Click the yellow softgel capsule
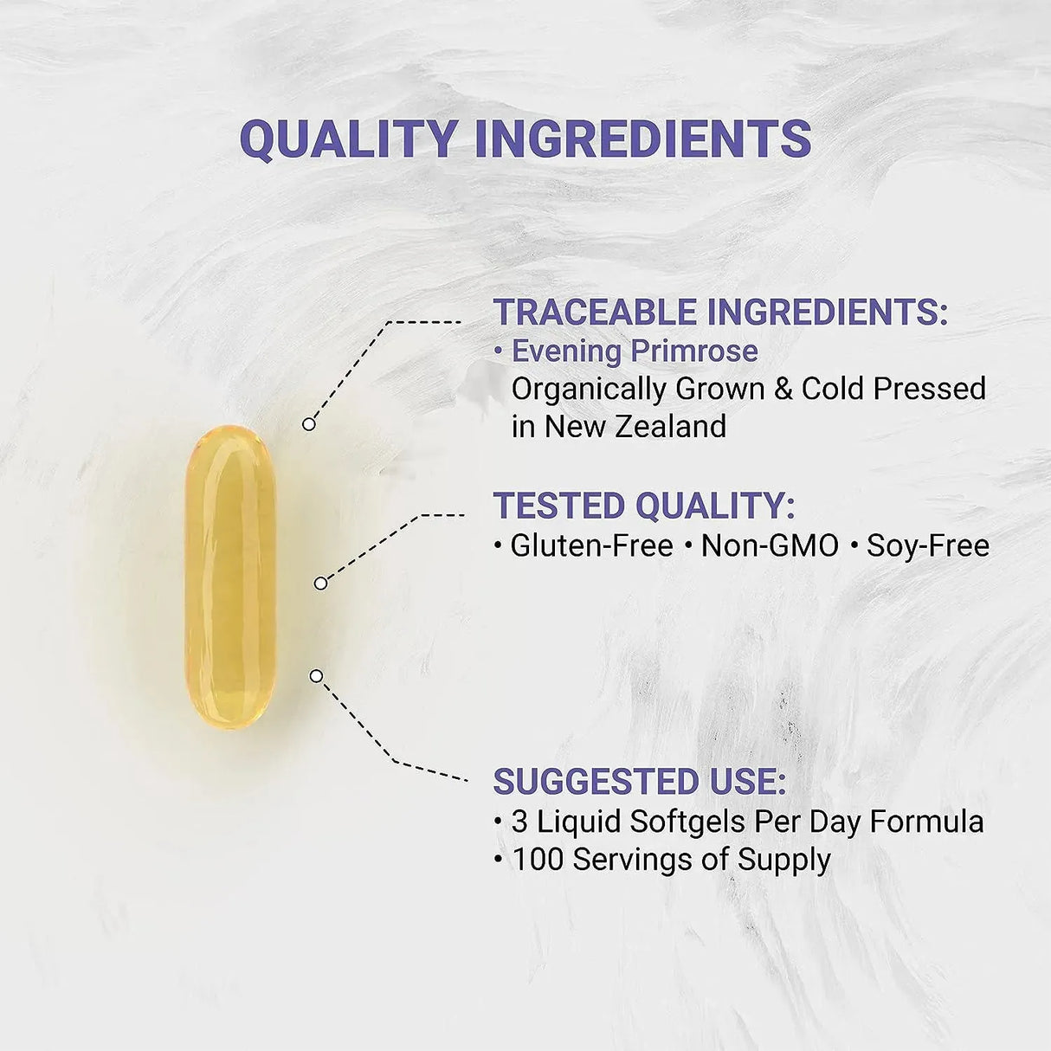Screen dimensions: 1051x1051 coord(230,576)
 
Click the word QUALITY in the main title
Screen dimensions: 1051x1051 coord(347,139)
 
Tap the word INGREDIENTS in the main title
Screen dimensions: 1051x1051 coord(643,139)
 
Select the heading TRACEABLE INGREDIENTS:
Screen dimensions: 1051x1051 coord(720,312)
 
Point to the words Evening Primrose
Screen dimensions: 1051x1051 coord(635,351)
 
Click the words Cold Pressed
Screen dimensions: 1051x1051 coord(893,388)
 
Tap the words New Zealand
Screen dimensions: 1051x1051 coord(635,426)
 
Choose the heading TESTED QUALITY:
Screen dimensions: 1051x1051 coord(643,506)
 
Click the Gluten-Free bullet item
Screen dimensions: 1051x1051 coord(591,545)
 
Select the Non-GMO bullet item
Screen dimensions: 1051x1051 coord(770,545)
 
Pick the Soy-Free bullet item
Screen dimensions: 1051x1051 coord(927,545)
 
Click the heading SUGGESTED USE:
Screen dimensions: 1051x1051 coord(640,781)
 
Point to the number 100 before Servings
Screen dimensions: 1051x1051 coord(538,860)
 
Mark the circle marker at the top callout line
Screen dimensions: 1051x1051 coord(308,424)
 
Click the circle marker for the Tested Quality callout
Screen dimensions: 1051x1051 coord(320,584)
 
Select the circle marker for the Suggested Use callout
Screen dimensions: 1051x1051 coord(316,675)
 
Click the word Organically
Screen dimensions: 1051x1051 coord(589,389)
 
